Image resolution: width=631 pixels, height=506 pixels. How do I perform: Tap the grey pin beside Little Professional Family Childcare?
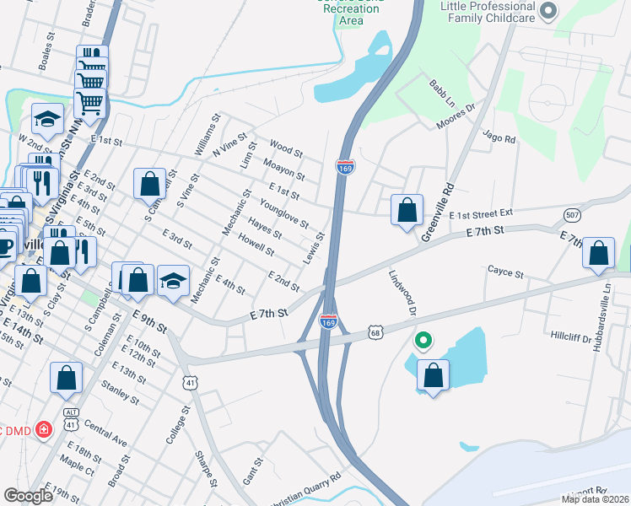[549, 11]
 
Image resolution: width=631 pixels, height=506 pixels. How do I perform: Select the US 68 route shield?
[375, 333]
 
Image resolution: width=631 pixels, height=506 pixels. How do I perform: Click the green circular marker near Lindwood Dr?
[423, 341]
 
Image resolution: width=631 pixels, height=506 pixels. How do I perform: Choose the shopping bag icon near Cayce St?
[598, 254]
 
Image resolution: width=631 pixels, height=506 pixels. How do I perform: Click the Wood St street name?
[286, 149]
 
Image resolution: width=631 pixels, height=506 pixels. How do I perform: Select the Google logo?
[28, 496]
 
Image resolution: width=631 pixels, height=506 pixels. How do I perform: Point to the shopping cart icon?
[90, 102]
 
